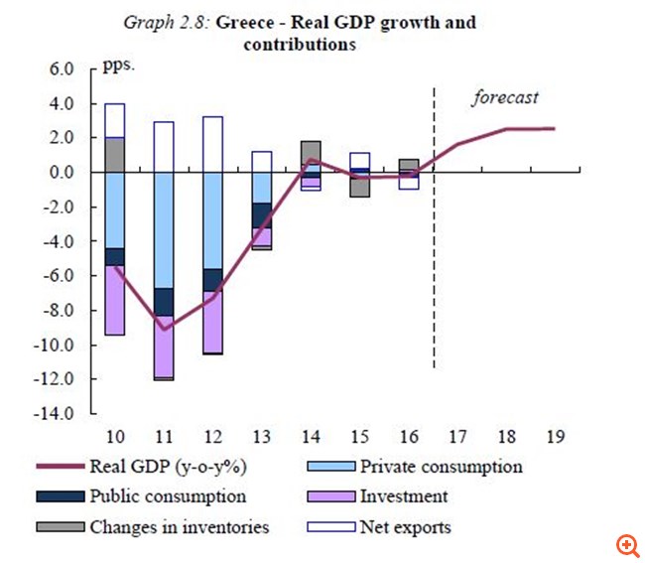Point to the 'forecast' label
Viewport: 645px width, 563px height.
pos(504,97)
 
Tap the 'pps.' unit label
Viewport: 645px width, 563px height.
pos(117,69)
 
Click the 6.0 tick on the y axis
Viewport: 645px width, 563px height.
pos(62,70)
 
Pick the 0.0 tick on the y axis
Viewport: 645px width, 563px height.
pos(62,173)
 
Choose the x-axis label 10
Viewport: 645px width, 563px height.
pos(115,438)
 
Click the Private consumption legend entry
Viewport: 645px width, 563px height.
pos(441,466)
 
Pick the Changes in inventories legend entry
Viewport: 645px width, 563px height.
pos(180,526)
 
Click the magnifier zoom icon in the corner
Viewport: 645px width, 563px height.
pos(625,544)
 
